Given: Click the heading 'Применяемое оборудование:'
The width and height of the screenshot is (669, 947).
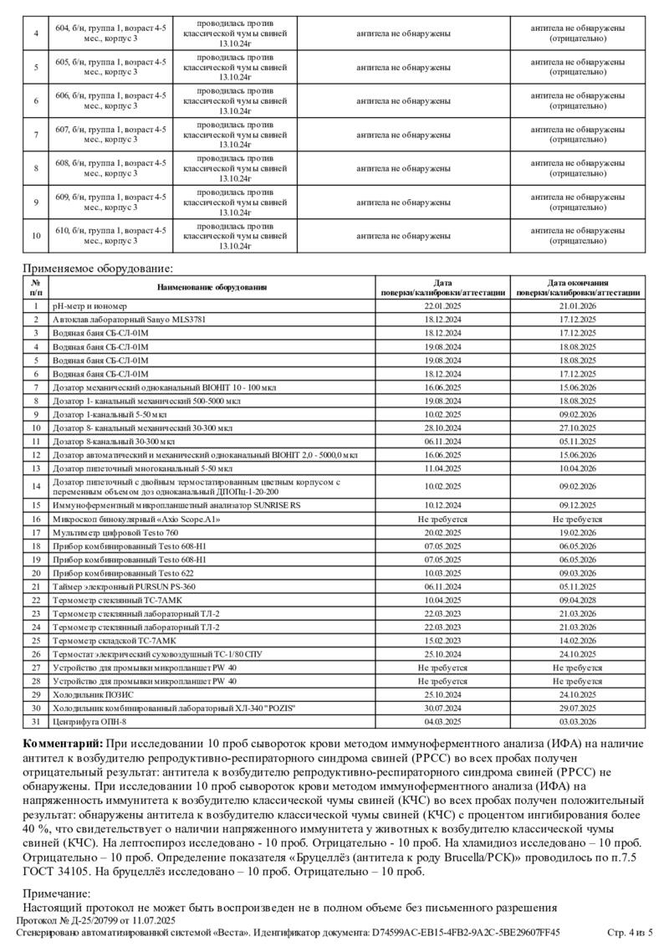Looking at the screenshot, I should point(97,269).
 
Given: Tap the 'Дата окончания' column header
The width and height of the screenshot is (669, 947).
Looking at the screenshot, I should point(578,284).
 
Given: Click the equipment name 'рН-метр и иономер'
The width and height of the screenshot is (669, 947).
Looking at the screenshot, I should point(88,307).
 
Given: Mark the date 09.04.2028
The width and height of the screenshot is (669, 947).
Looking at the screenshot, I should point(578,600).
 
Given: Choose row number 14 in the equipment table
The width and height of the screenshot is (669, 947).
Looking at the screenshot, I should point(36,486).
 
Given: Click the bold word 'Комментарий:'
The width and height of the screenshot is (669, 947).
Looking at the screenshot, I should point(61,744).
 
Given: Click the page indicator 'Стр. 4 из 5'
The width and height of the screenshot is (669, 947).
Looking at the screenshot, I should point(631,932).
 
